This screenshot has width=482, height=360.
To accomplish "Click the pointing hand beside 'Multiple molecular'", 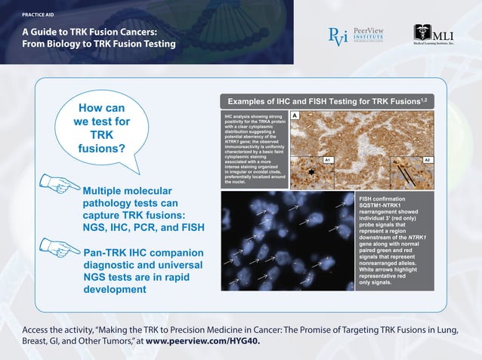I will pos(59,183).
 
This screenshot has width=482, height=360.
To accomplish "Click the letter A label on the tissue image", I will pos(295,115).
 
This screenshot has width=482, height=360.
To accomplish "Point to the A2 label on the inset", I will pos(428,161).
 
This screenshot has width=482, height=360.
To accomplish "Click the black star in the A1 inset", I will pos(310,172).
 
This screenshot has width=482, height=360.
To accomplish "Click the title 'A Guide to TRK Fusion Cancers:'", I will pos(89,31).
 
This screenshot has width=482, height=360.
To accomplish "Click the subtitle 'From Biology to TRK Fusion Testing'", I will pos(98,45).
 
